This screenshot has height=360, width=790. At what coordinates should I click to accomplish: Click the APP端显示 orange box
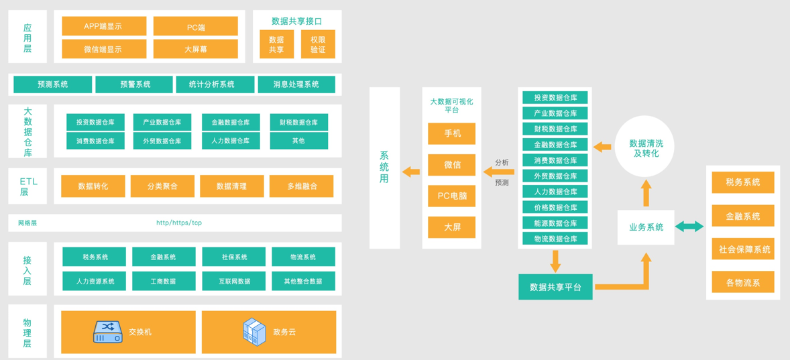pyautogui.click(x=104, y=26)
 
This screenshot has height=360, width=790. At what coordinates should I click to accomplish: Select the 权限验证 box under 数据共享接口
pyautogui.click(x=318, y=44)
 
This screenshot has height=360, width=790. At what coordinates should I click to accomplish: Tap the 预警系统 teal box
pyautogui.click(x=135, y=84)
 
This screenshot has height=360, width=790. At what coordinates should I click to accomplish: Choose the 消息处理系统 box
pyautogui.click(x=296, y=84)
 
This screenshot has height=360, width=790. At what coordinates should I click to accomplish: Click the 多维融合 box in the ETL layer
pyautogui.click(x=301, y=186)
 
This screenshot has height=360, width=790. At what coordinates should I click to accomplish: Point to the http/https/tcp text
pyautogui.click(x=178, y=223)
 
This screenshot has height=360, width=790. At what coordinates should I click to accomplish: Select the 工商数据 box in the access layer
pyautogui.click(x=164, y=281)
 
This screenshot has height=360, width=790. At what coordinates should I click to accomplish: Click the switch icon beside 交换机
pyautogui.click(x=108, y=332)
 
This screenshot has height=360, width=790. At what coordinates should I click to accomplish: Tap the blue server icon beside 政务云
pyautogui.click(x=254, y=332)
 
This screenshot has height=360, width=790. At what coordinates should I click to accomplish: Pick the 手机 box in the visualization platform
pyautogui.click(x=452, y=133)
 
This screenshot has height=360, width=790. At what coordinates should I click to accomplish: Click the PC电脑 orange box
pyautogui.click(x=452, y=196)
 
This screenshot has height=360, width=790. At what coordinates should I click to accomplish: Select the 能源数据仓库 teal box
pyautogui.click(x=555, y=223)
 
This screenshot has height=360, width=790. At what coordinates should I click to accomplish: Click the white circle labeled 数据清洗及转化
pyautogui.click(x=645, y=147)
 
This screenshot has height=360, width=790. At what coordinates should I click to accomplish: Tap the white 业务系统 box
pyautogui.click(x=646, y=227)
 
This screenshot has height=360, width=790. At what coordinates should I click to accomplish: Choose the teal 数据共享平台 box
pyautogui.click(x=555, y=287)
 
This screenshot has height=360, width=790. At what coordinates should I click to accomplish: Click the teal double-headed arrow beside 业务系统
pyautogui.click(x=689, y=227)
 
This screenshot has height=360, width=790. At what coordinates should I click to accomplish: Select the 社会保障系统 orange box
pyautogui.click(x=743, y=249)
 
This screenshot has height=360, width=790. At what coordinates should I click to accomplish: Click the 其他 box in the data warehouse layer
pyautogui.click(x=298, y=141)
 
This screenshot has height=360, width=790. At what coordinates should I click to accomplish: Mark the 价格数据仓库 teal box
pyautogui.click(x=555, y=207)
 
